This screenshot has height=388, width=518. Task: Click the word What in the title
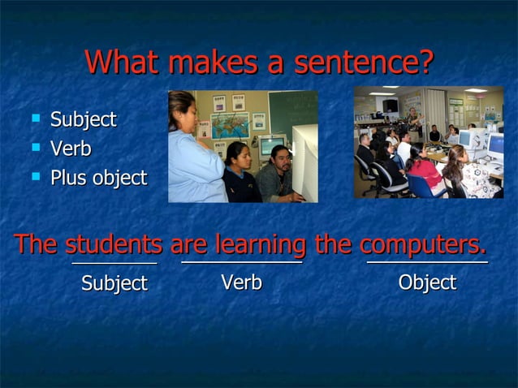pos(123,62)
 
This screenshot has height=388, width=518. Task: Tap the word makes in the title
pos(214,62)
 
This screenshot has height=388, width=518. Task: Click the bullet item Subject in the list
pos(84,119)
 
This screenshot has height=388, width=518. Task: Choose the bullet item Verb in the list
pos(71,149)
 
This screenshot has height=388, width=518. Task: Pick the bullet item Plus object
pos(98,178)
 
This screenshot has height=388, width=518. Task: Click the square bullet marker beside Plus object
pos(35,175)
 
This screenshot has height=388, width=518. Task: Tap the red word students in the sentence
pos(114,244)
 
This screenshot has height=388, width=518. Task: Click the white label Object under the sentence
pos(427,282)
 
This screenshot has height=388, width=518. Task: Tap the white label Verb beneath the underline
pos(241,282)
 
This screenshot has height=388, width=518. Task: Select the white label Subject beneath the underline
pos(114,283)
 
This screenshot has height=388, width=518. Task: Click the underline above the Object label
pos(427,262)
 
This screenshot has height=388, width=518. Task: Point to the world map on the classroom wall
pos(230,125)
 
